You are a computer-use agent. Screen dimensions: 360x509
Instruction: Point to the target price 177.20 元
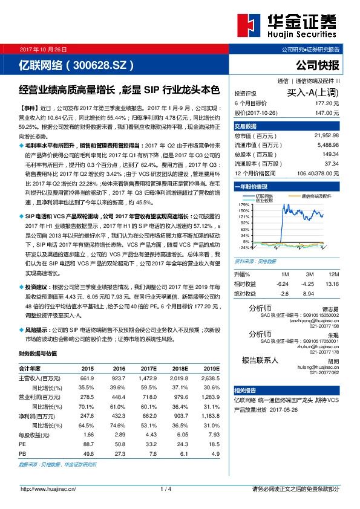(x=327, y=103)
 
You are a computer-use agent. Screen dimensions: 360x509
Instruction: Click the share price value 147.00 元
(x=327, y=112)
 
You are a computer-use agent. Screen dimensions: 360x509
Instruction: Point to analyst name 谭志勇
(x=329, y=308)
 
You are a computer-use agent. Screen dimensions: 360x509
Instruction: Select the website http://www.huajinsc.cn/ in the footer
(x=48, y=488)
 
